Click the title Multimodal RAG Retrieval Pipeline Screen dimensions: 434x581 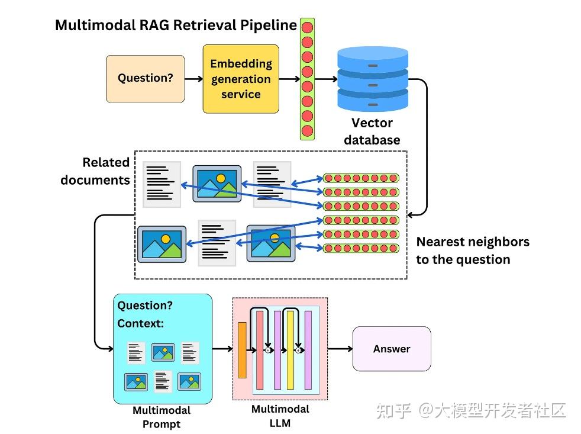pos(176,25)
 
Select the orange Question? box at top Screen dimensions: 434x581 pos(145,78)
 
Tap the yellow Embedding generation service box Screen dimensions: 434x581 pos(241,79)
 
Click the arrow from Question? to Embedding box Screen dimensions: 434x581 pos(193,78)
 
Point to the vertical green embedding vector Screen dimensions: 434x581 pos(307,79)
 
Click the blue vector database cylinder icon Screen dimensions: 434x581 pos(372,79)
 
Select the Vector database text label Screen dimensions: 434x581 pos(372,131)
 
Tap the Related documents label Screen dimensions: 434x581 pos(96,171)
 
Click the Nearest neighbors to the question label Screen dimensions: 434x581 pos(472,250)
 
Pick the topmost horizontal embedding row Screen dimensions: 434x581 pos(361,178)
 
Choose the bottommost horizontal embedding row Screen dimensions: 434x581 pos(361,247)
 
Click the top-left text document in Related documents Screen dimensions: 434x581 pos(162,184)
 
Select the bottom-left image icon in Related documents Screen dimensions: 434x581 pos(162,244)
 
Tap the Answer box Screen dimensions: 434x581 pos(392,349)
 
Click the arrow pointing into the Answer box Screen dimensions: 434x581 pos(340,349)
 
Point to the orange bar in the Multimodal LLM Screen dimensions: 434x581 pos(242,350)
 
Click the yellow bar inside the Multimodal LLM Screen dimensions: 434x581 pos(290,350)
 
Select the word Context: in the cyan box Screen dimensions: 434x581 pos(140,323)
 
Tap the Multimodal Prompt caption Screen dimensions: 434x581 pos(162,417)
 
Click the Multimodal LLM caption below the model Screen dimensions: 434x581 pos(280,416)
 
